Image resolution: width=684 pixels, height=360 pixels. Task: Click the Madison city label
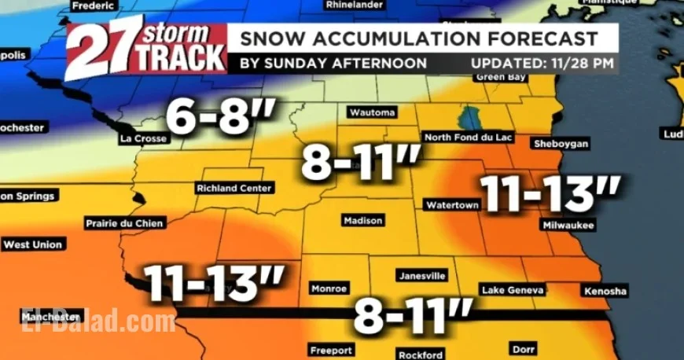[363, 221]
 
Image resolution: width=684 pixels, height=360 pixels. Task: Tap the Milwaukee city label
[566, 225]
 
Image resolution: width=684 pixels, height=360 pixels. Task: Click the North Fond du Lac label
[469, 138]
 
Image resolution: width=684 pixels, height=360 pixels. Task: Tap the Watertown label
[452, 205]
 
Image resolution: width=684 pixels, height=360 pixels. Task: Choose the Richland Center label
[235, 189]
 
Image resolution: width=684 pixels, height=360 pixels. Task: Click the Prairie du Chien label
[124, 224]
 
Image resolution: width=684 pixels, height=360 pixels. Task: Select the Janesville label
[422, 276]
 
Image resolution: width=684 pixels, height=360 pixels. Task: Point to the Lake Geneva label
[512, 291]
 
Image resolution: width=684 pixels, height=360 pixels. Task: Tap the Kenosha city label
[605, 292]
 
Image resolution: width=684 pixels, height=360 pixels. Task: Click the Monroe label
[329, 289]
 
